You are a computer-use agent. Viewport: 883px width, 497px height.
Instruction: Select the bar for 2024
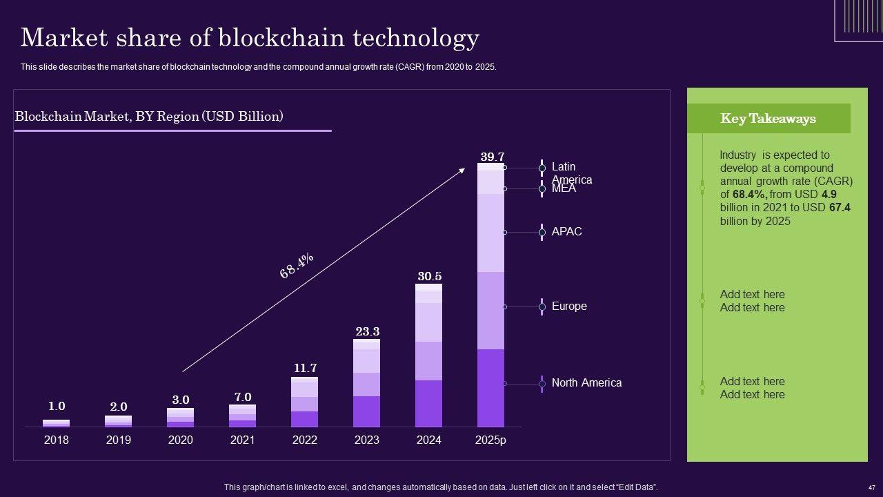[x=428, y=355]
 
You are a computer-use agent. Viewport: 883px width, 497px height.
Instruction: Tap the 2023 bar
[x=366, y=383]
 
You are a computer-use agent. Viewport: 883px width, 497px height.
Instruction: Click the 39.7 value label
[x=492, y=157]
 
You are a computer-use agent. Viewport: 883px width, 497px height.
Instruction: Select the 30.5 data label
[x=429, y=276]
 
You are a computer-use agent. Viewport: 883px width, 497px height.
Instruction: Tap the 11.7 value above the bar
[x=305, y=368]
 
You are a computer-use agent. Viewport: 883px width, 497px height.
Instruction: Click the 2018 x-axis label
[x=57, y=440]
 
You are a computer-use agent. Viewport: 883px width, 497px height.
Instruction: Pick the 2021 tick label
[x=242, y=440]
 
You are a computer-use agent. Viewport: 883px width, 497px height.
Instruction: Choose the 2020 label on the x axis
[x=180, y=440]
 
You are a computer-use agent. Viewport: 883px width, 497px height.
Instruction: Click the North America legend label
[x=586, y=383]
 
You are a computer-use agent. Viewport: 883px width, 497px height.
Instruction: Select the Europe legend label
[x=569, y=306]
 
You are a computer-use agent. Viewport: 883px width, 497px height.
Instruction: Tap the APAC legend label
[x=567, y=232]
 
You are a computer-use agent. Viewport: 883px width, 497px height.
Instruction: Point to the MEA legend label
[x=564, y=188]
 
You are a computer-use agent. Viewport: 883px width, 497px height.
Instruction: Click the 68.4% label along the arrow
[x=297, y=266]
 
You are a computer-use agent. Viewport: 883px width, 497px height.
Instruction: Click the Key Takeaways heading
[x=768, y=119]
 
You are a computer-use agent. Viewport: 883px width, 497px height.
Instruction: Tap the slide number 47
[x=871, y=487]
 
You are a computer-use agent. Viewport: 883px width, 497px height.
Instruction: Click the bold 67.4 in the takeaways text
[x=839, y=208]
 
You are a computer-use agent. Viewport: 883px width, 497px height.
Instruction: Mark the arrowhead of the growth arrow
[x=462, y=170]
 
